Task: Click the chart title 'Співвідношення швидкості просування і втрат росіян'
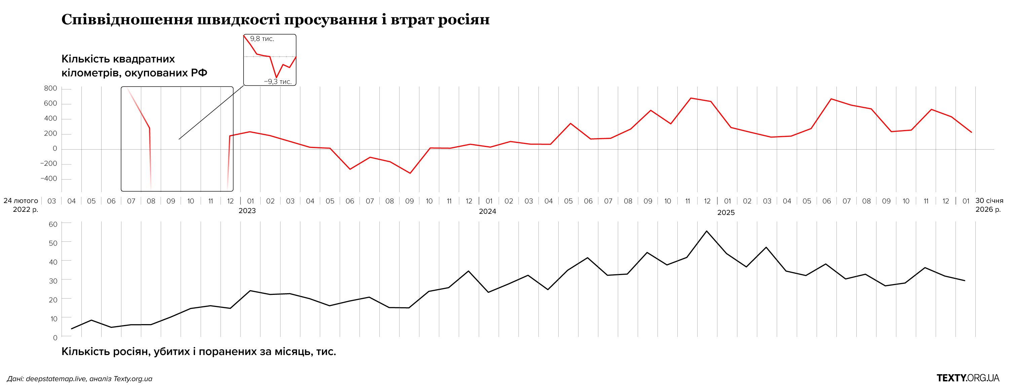click(275, 20)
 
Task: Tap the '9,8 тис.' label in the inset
click(262, 39)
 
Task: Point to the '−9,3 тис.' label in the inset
click(278, 81)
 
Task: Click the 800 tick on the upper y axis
click(50, 88)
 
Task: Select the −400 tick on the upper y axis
click(48, 179)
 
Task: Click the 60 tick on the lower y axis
click(53, 225)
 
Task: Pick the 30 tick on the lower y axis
click(53, 281)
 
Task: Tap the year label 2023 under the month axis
click(247, 211)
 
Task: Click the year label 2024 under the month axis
click(487, 211)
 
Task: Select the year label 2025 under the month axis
click(726, 213)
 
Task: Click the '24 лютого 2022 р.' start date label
click(21, 205)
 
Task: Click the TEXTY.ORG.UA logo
click(968, 378)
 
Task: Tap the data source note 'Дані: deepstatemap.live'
click(79, 379)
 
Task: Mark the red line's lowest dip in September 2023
click(410, 173)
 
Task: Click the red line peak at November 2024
click(690, 98)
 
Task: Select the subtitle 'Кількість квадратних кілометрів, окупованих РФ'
click(134, 66)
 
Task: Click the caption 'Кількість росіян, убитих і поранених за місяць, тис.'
click(198, 351)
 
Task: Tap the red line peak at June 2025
click(831, 99)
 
